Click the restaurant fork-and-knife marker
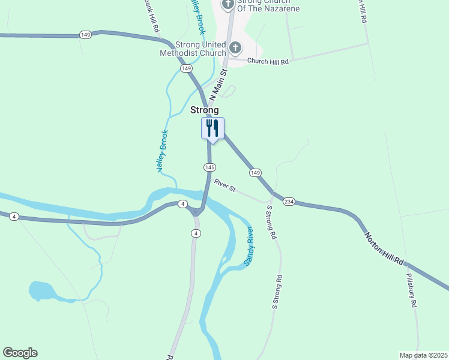pos(212,128)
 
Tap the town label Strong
pos(204,110)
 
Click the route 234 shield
pos(289,201)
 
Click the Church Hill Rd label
pos(268,61)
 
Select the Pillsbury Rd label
pos(411,290)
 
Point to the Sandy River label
pos(249,246)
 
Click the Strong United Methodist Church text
pos(193,49)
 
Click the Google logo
pos(20,353)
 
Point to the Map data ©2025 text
pos(423,355)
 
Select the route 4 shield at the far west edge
pos(14,216)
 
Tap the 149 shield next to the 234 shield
pos(256,173)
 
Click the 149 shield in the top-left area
pos(85,35)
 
